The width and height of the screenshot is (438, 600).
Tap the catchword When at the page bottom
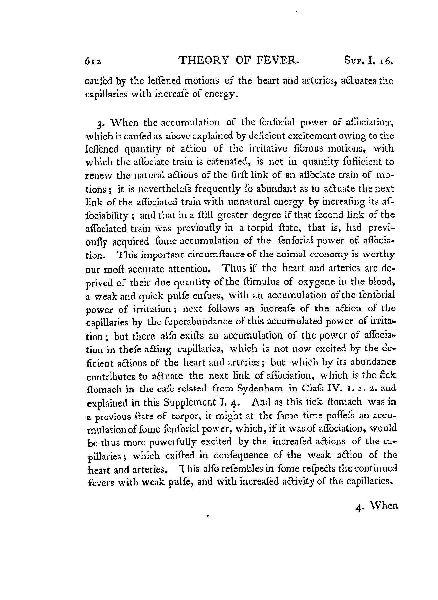384,506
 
